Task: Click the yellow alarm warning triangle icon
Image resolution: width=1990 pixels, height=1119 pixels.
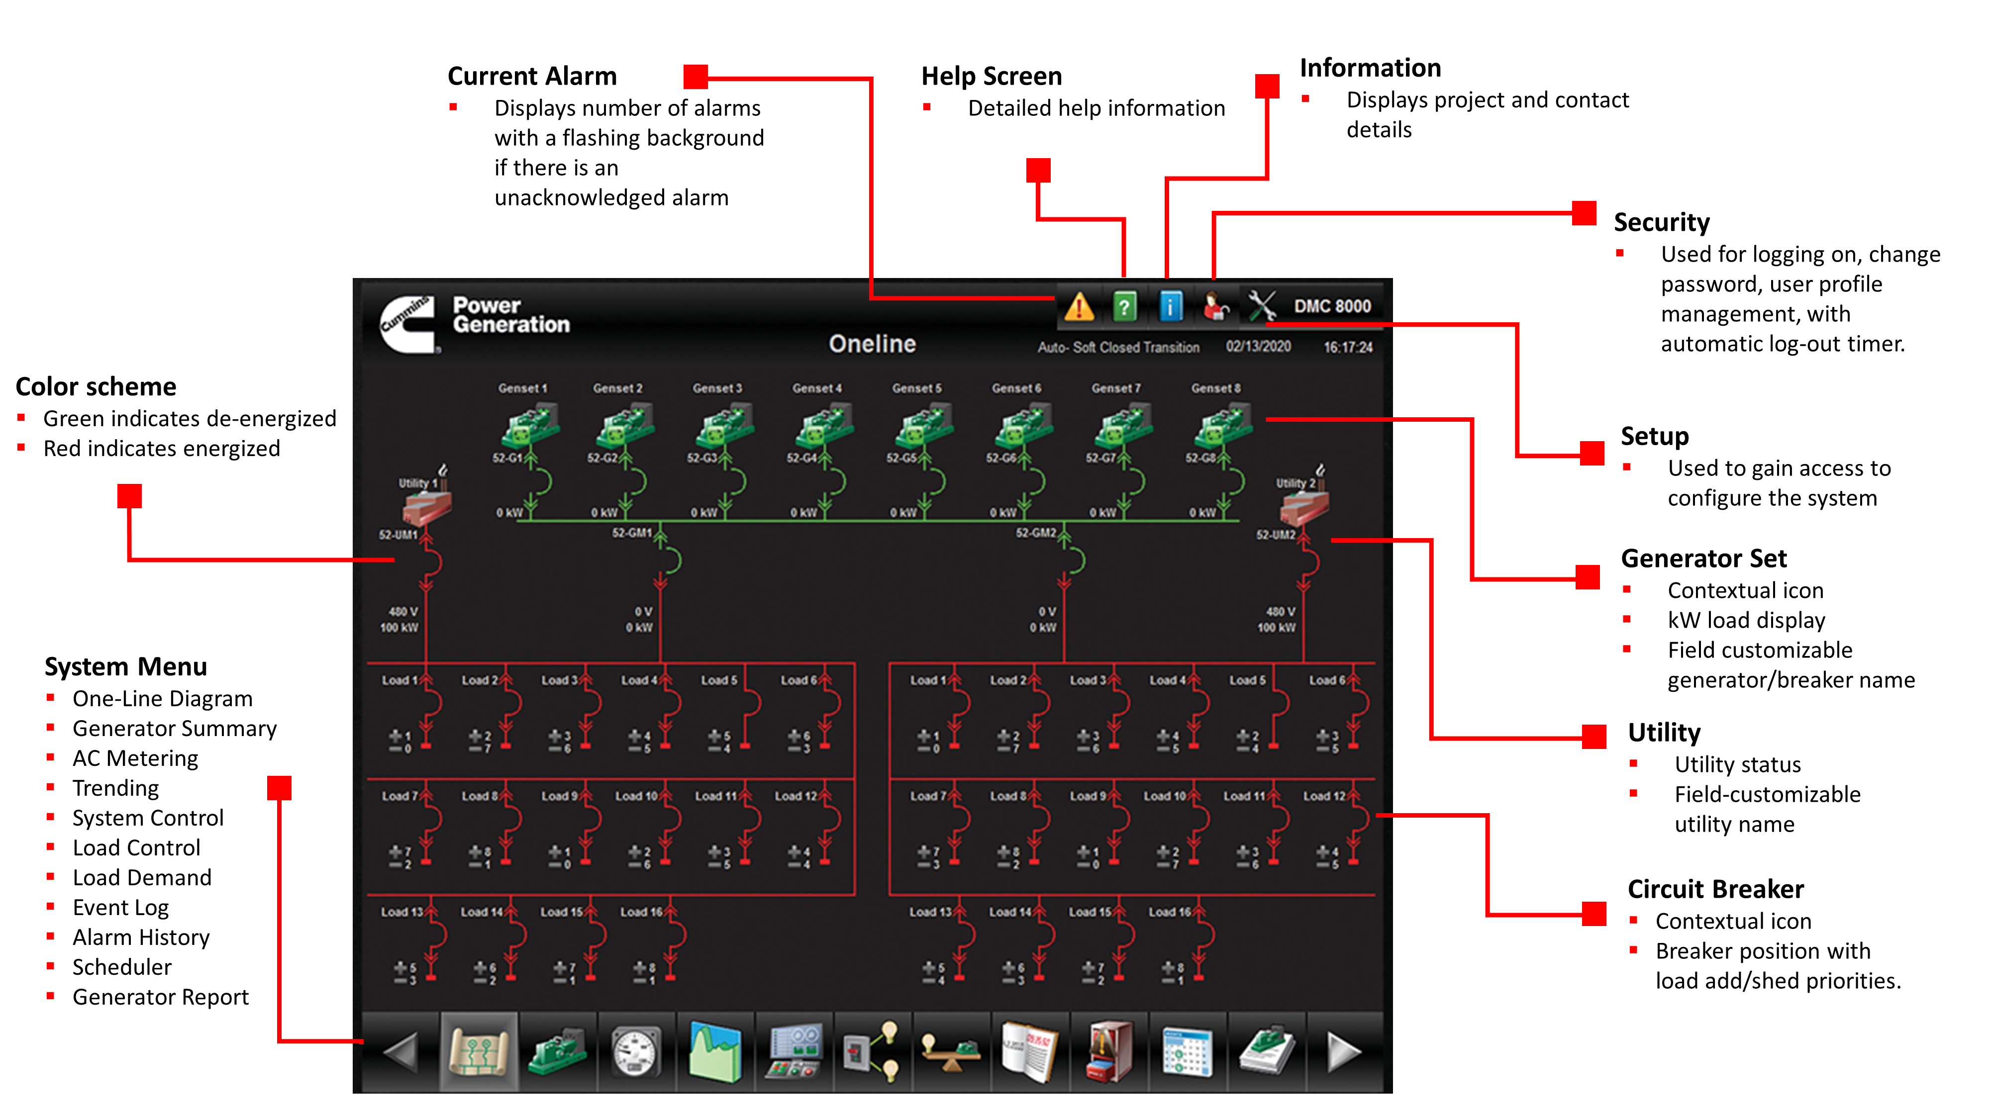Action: click(1079, 306)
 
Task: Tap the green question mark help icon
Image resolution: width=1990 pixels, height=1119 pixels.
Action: click(1124, 306)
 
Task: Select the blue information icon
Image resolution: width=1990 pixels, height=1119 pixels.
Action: click(1170, 306)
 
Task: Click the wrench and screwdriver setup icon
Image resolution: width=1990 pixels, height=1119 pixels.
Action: click(1262, 306)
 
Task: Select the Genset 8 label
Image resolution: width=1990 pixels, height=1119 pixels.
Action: click(1215, 388)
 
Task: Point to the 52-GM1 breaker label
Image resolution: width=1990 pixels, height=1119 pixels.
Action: click(632, 533)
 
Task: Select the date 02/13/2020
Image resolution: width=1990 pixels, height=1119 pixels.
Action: click(1258, 347)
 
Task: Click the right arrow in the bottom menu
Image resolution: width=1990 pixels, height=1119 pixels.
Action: click(1343, 1052)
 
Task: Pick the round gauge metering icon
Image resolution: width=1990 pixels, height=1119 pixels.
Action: click(636, 1052)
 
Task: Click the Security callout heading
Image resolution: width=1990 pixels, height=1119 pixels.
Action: click(1661, 222)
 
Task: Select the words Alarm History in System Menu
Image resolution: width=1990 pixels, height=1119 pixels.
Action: click(141, 937)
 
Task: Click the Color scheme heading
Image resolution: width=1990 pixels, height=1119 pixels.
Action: click(96, 386)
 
